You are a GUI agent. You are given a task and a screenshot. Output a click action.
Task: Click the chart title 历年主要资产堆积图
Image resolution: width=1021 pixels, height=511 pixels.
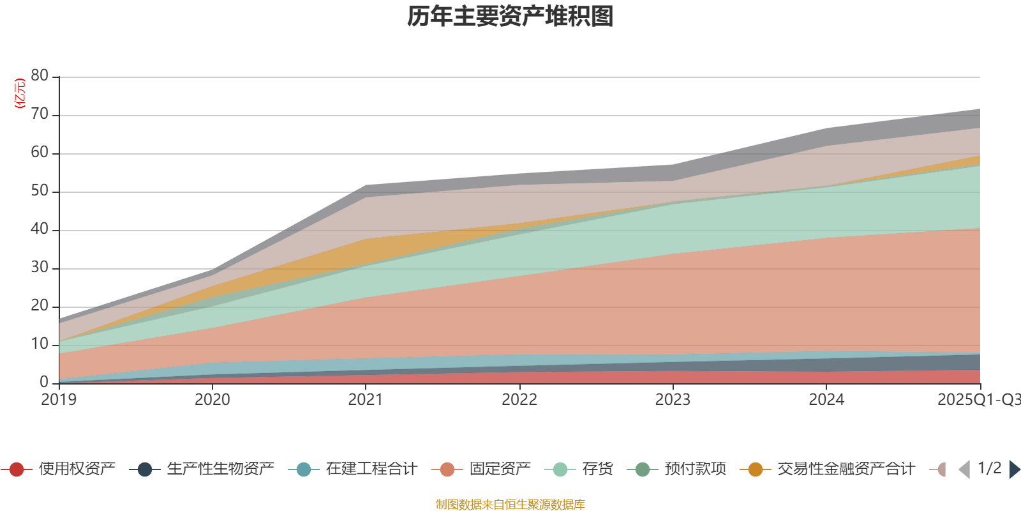click(511, 17)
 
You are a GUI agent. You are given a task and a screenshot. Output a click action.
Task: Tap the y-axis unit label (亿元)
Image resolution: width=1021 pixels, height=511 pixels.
click(20, 93)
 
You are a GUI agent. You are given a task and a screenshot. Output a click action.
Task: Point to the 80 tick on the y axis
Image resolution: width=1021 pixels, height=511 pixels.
click(40, 75)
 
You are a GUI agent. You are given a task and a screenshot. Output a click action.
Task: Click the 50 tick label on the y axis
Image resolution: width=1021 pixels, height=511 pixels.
click(40, 190)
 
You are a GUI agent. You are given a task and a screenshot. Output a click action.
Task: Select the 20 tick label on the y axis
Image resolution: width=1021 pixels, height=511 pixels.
click(40, 305)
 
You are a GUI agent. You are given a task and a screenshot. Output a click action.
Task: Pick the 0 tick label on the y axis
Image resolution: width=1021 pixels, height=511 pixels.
click(44, 382)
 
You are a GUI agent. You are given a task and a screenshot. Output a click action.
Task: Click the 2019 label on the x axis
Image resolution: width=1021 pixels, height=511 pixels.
click(59, 400)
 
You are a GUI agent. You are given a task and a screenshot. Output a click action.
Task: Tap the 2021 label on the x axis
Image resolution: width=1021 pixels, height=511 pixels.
click(366, 400)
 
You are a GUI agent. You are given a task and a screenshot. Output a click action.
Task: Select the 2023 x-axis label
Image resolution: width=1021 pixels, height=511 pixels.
click(673, 400)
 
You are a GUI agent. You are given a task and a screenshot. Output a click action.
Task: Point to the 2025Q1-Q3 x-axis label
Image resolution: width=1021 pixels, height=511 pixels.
click(978, 400)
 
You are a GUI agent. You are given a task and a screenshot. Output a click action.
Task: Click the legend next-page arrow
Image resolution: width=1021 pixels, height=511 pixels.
click(1014, 469)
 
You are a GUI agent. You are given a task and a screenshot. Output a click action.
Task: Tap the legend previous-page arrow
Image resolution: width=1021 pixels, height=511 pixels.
click(964, 469)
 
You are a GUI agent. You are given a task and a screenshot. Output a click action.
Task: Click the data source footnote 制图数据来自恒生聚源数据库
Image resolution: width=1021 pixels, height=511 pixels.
click(511, 505)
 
